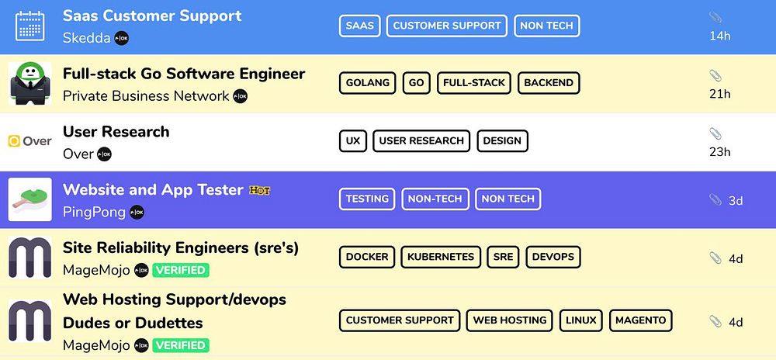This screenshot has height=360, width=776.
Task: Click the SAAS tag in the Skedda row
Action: tap(359, 26)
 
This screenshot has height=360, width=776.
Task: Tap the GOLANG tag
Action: tap(367, 83)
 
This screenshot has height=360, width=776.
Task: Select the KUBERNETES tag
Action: tap(441, 257)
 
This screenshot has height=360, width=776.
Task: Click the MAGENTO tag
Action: tap(640, 320)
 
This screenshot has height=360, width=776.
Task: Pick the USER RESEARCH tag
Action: tap(421, 140)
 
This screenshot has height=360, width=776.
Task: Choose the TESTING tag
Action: tap(367, 199)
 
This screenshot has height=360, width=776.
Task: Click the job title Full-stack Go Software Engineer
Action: tap(184, 74)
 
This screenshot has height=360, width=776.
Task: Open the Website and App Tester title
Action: tap(153, 190)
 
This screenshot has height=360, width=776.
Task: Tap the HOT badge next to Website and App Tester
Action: tap(259, 190)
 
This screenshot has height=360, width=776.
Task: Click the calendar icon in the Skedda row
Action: tap(29, 26)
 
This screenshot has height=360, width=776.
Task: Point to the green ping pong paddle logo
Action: tap(29, 199)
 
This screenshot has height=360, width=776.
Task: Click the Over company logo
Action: tap(29, 141)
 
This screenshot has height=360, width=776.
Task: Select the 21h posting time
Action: tap(720, 94)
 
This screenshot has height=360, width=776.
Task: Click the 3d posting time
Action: tap(735, 200)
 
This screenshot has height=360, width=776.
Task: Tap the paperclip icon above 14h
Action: tap(715, 18)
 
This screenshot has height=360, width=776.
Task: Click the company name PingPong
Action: tap(94, 213)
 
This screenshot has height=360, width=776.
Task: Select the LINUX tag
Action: tap(580, 320)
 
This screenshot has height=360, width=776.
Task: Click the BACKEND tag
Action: tap(549, 83)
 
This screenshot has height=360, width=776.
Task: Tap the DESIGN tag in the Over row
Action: tap(502, 140)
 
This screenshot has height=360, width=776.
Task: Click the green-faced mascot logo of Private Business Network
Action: tap(29, 83)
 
